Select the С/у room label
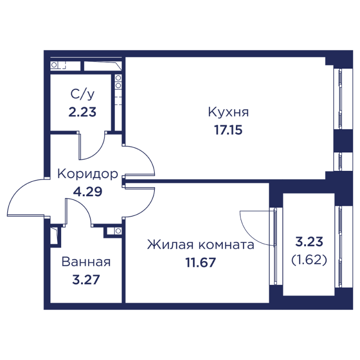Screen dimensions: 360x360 [82, 94]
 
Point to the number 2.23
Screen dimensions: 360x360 [82, 112]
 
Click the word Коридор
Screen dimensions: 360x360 [88, 174]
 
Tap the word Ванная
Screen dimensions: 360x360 [86, 262]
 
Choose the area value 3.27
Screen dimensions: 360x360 [85, 279]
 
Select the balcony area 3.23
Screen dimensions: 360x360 [309, 242]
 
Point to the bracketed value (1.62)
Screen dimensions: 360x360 [309, 260]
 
